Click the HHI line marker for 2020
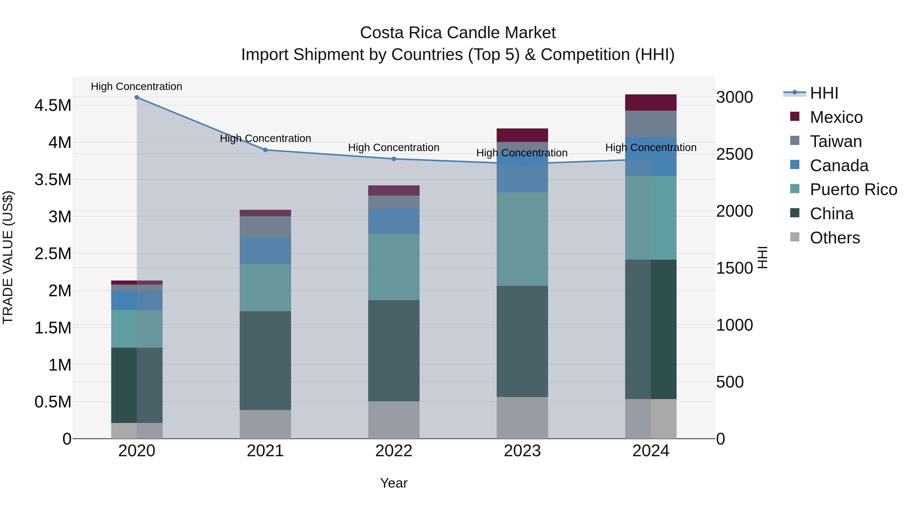point(137,97)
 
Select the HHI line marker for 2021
point(265,150)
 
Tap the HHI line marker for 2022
point(394,159)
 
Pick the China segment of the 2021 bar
point(265,360)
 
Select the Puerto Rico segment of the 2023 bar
point(522,239)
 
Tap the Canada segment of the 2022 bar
point(394,221)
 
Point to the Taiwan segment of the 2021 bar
point(265,226)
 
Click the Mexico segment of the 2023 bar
point(522,135)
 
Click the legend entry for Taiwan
point(836,141)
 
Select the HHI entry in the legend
point(824,93)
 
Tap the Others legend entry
point(835,238)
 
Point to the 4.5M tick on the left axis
point(53,106)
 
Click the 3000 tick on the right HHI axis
point(734,97)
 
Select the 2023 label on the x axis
point(522,451)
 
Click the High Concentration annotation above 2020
point(137,86)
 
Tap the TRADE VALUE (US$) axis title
point(8,257)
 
